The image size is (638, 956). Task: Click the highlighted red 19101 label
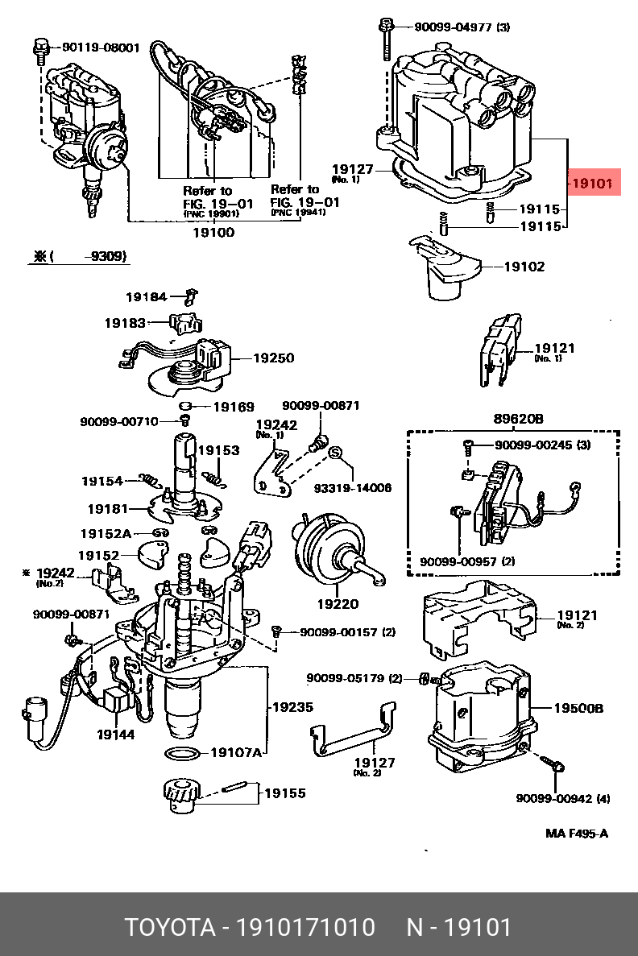(x=594, y=184)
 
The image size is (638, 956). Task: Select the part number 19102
(x=524, y=267)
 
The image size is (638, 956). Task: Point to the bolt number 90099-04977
(x=452, y=27)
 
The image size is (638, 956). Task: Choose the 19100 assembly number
(x=213, y=233)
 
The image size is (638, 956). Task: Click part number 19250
(x=274, y=358)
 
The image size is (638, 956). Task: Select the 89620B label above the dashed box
(x=519, y=419)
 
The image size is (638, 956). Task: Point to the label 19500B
(x=578, y=709)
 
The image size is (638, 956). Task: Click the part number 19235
(x=292, y=707)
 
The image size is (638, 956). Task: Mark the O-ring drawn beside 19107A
(x=183, y=754)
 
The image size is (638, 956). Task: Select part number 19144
(x=116, y=735)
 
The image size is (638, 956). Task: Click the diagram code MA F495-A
(x=577, y=833)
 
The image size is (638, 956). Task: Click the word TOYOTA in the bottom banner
(x=169, y=927)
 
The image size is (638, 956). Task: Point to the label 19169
(x=233, y=407)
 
